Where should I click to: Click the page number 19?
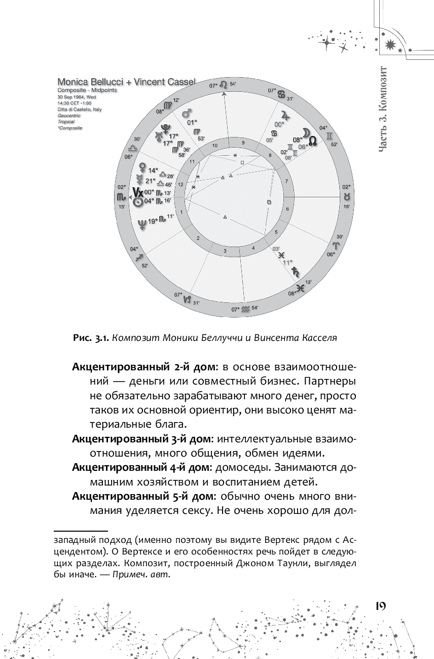coord(380,606)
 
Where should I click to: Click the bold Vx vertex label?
coord(137,192)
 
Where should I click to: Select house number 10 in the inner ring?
coord(215,146)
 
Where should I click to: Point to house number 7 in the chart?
coord(286,181)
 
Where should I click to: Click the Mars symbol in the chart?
coord(187,111)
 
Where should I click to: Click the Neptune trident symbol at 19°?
coord(142,221)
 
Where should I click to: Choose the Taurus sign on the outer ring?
coord(346,196)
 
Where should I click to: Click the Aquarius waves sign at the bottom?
coord(245,308)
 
